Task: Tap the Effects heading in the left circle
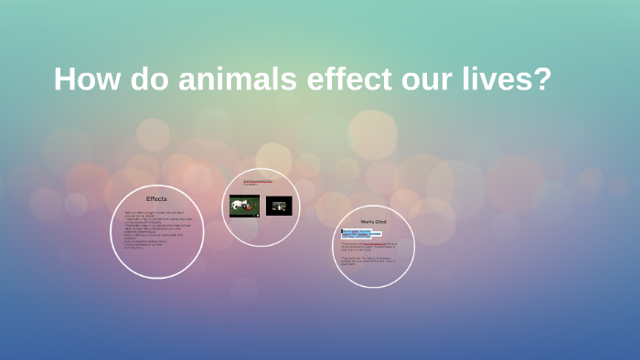pyautogui.click(x=156, y=198)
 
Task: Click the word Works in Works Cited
pyautogui.click(x=367, y=221)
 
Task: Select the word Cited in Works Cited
pyautogui.click(x=380, y=221)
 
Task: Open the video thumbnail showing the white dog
pyautogui.click(x=244, y=206)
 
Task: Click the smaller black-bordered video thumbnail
pyautogui.click(x=278, y=206)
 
